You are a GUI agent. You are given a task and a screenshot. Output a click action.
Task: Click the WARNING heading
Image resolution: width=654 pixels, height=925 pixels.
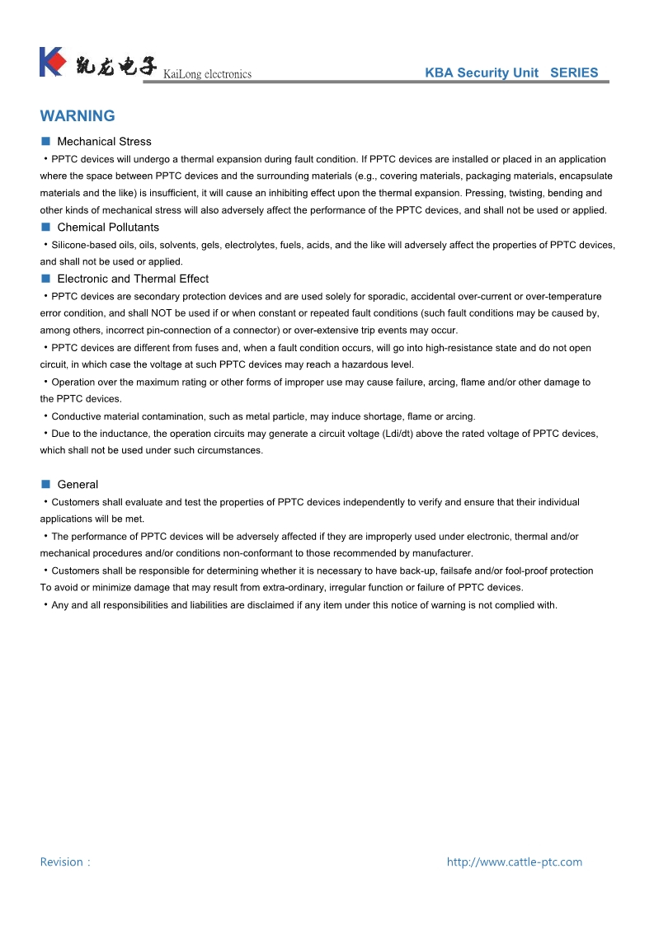pos(78,116)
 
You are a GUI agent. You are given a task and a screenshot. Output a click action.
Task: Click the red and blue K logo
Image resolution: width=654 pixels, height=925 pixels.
pos(52,63)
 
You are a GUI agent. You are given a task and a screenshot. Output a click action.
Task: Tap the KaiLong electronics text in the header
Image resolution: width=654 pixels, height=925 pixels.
pos(207,74)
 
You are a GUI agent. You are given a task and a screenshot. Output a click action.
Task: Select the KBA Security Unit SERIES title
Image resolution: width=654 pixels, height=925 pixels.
pos(511,73)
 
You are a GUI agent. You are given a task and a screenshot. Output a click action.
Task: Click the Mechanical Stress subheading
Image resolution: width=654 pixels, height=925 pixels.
pos(104,142)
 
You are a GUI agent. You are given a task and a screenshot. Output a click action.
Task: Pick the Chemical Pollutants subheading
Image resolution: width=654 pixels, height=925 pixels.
pos(108,228)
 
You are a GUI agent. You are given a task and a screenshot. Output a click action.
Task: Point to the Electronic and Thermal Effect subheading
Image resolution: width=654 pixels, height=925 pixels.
pos(133,279)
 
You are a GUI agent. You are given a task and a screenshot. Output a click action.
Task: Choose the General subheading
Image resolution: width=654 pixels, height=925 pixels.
pos(78,485)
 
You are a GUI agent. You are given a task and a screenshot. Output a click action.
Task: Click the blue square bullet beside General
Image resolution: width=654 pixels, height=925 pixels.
pos(46,484)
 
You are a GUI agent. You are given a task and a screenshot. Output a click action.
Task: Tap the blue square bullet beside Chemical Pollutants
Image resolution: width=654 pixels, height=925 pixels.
pos(46,227)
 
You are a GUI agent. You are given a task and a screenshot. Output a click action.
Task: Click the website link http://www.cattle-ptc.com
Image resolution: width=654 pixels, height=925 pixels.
pos(514,862)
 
